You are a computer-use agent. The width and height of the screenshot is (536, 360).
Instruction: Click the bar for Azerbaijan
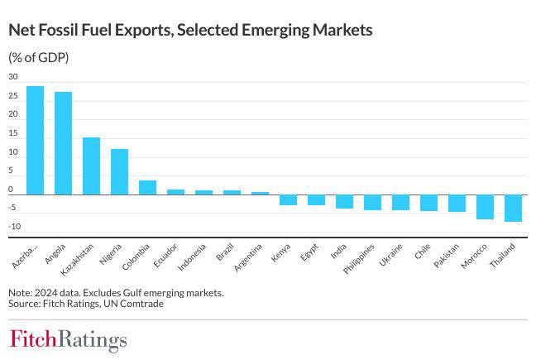35,140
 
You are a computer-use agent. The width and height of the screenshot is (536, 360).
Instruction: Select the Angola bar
63,143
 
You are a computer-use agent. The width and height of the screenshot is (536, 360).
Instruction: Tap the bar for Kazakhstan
91,166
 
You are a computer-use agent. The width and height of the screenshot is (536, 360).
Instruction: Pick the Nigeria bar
119,171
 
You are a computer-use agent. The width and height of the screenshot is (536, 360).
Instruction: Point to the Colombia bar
147,187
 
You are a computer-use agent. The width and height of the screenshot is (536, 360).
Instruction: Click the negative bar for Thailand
513,208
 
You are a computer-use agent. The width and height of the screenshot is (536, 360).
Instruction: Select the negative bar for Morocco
485,206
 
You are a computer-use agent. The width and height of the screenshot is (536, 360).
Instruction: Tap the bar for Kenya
288,199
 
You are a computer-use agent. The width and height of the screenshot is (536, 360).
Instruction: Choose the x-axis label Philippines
361,257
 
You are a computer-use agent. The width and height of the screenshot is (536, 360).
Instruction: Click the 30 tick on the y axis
13,77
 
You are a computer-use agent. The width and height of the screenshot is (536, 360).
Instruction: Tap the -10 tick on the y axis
13,227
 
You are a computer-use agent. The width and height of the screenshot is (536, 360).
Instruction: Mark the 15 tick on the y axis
13,133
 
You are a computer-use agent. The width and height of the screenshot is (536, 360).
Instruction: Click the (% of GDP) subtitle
39,57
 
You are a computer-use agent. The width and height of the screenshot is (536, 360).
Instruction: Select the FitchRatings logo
69,339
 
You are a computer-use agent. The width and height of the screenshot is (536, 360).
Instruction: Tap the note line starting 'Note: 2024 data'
116,292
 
